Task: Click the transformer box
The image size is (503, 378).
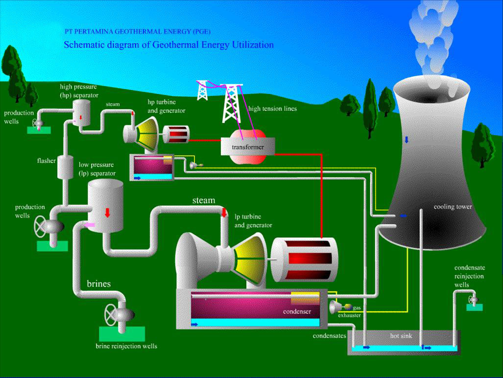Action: [x=248, y=146]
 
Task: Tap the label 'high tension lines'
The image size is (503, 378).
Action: [x=272, y=109]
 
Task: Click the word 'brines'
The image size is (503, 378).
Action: [x=99, y=283]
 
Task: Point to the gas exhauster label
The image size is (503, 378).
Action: [x=350, y=311]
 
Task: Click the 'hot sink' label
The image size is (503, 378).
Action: [x=401, y=336]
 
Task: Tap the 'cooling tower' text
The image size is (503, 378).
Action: [x=453, y=207]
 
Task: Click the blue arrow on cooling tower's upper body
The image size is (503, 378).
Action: [x=407, y=140]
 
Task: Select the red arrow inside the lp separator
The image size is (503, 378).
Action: [x=107, y=212]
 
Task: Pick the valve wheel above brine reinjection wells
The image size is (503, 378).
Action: [x=111, y=313]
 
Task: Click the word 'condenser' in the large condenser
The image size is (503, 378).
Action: [x=297, y=311]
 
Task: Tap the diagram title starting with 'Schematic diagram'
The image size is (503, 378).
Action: [x=169, y=45]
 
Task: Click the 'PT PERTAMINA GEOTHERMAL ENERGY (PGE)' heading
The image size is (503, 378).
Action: [x=138, y=31]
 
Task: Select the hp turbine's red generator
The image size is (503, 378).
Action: [x=176, y=134]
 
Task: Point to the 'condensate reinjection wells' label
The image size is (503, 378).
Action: [x=469, y=276]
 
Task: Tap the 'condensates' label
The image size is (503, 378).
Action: [x=330, y=336]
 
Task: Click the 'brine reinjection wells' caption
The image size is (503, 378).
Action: [x=126, y=346]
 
